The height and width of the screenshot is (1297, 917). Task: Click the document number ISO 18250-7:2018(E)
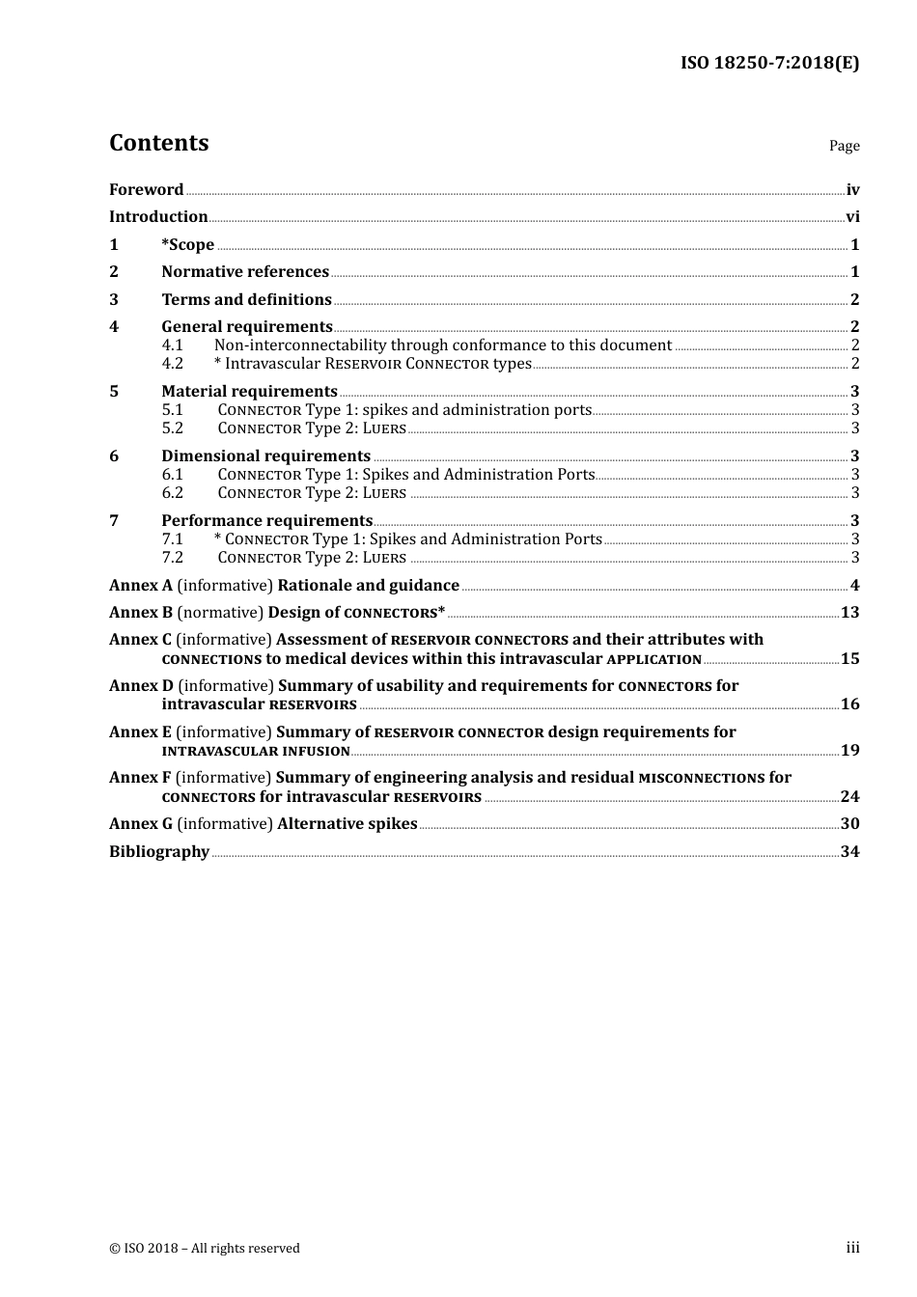[x=769, y=63]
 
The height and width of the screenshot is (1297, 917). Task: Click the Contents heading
[x=158, y=143]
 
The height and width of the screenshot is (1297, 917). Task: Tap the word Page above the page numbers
[x=844, y=146]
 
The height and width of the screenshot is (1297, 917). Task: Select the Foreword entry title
[x=146, y=190]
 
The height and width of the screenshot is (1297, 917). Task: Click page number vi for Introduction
[x=852, y=217]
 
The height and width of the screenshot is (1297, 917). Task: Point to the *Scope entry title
[x=187, y=245]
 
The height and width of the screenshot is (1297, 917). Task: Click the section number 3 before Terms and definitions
[x=114, y=300]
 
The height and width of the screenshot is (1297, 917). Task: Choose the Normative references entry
[x=245, y=272]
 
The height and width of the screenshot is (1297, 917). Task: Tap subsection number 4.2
[x=172, y=364]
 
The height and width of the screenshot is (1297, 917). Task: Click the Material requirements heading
[x=249, y=392]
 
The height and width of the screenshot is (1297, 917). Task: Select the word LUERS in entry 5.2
[x=384, y=428]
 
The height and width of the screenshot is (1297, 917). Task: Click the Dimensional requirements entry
[x=265, y=456]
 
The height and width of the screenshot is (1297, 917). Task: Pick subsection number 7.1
[x=172, y=539]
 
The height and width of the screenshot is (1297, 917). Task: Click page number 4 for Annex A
[x=854, y=586]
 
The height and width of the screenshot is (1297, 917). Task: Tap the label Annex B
[x=141, y=613]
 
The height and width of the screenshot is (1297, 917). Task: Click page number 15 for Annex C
[x=849, y=659]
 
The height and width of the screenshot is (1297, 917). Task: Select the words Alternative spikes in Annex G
[x=347, y=824]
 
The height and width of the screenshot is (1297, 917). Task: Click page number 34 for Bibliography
[x=849, y=852]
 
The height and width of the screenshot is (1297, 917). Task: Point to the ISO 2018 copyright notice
[x=205, y=1249]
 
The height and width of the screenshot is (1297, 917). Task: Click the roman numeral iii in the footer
[x=852, y=1248]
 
